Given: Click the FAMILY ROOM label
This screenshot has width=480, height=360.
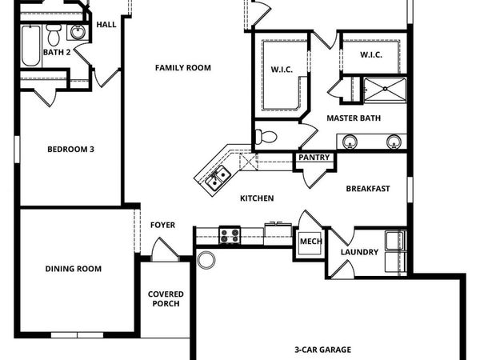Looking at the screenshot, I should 182,68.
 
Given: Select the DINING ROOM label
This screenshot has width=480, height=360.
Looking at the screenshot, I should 73,269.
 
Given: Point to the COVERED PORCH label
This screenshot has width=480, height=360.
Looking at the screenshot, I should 165,298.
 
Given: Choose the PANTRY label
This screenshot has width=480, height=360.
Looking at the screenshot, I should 314,158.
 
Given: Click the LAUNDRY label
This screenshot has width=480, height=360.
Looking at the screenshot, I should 359,253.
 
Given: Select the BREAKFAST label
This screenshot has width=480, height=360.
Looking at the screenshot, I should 367,189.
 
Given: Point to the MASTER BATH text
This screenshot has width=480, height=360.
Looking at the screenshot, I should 353,118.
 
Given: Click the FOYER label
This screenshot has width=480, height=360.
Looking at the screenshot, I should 162,225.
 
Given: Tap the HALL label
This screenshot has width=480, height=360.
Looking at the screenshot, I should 106,25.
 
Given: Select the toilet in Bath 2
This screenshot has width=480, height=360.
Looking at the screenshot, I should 54,35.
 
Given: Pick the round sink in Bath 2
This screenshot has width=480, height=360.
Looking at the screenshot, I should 78,33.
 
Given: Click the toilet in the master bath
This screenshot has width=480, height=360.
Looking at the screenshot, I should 266,136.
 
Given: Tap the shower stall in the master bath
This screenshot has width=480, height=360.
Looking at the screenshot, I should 385,90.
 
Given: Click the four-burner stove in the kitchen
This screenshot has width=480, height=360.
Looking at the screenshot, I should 230,235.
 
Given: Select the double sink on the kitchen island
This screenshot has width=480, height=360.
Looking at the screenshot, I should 217,180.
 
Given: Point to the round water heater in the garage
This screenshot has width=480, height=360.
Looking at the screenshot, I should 207,260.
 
